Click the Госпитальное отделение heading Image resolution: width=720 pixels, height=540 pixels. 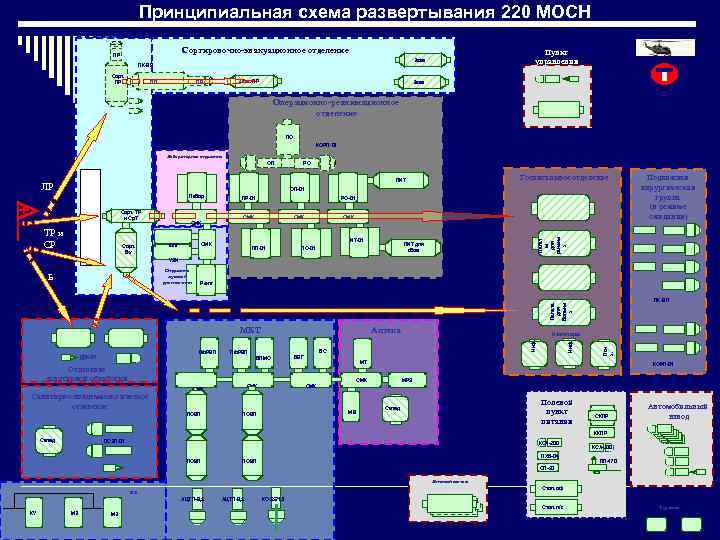[564, 178]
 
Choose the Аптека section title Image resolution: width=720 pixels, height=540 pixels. [386, 328]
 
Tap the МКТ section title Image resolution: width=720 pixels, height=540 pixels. [250, 328]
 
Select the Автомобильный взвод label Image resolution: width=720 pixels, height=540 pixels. [677, 412]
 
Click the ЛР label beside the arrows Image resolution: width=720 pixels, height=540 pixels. [46, 187]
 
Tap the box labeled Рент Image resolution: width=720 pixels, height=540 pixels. [206, 284]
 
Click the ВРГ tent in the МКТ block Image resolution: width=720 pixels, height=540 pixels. [299, 355]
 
